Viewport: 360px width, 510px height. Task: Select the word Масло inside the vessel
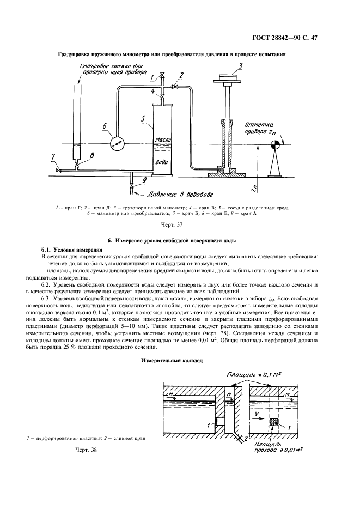163,140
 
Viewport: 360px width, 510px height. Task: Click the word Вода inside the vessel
162,162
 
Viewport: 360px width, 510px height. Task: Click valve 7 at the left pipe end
58,171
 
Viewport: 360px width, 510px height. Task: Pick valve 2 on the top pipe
176,87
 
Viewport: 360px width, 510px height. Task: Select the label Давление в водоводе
175,194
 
